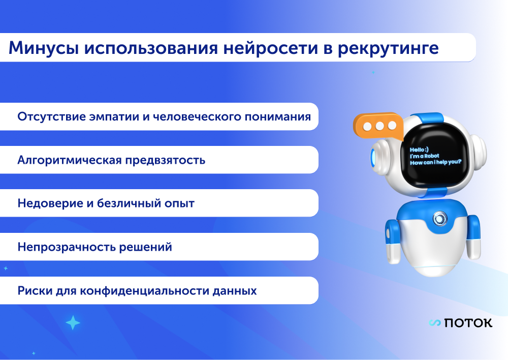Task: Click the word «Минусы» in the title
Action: [x=44, y=48]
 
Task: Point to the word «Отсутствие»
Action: [x=51, y=116]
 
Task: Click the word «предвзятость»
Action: [x=165, y=160]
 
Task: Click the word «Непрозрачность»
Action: [x=67, y=247]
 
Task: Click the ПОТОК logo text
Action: [x=468, y=323]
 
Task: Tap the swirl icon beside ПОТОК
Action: [x=435, y=323]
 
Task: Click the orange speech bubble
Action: [x=378, y=126]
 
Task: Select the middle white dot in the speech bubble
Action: [x=379, y=126]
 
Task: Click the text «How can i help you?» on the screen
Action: [x=435, y=162]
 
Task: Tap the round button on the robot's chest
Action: [x=439, y=219]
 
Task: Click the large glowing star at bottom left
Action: [x=73, y=323]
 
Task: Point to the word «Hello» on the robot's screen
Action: [x=417, y=149]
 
